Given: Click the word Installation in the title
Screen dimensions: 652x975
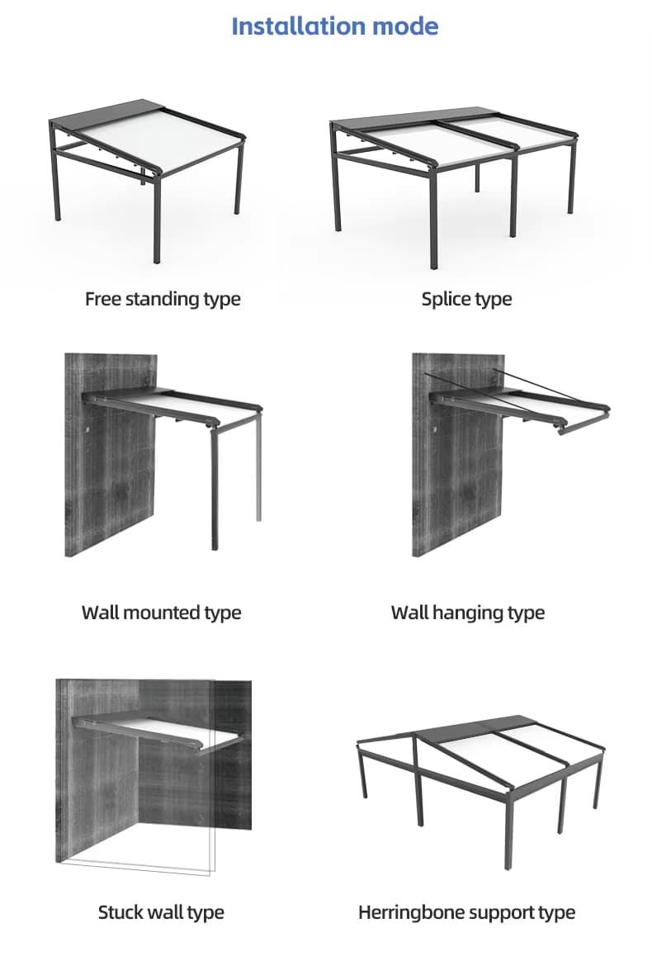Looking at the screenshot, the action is click(x=298, y=26).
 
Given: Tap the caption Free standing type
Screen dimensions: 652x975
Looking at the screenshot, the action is click(x=163, y=299).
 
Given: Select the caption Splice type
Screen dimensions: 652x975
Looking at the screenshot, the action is click(x=467, y=299).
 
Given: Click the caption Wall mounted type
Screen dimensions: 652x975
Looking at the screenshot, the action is click(x=162, y=613).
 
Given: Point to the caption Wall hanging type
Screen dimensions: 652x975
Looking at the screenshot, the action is click(x=468, y=613).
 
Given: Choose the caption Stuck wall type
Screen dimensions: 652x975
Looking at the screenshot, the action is click(x=161, y=912).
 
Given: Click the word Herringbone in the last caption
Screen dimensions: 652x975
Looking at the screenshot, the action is click(x=411, y=912).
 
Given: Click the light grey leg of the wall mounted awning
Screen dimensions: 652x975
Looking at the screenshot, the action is click(x=258, y=466).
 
